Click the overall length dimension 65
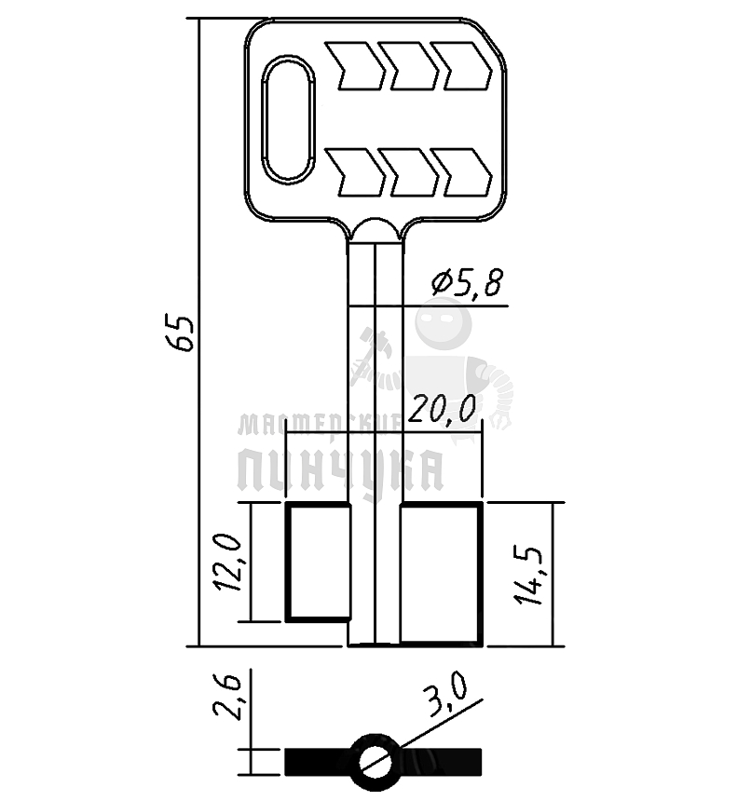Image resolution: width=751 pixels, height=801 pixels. (183, 333)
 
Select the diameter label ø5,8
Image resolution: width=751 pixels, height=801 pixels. (467, 282)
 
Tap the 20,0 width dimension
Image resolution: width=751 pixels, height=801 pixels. (443, 409)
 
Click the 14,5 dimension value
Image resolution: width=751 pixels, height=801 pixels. (528, 576)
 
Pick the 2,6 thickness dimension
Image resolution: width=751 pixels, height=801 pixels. (227, 697)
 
